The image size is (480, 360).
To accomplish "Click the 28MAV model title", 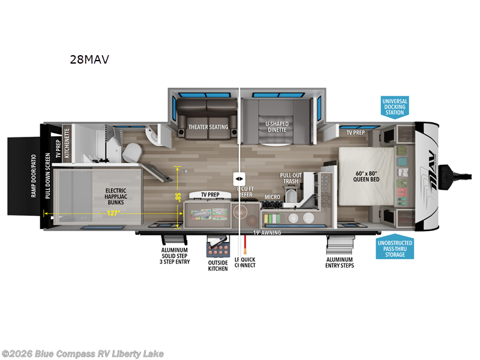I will click(89, 59).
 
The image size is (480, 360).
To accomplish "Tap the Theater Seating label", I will click(208, 127).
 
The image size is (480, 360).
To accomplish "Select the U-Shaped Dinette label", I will click(277, 127).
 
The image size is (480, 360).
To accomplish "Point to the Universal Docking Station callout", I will click(395, 107).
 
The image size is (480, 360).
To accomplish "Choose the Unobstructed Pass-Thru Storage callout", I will click(395, 247).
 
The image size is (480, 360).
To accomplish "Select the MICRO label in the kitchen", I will click(272, 197).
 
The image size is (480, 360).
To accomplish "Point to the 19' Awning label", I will click(267, 233).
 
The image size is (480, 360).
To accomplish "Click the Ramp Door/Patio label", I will click(34, 175).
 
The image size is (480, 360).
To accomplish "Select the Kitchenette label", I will click(67, 142).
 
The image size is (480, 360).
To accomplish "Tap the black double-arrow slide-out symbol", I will click(239, 179).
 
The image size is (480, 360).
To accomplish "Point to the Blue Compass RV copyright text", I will click(82, 354).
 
